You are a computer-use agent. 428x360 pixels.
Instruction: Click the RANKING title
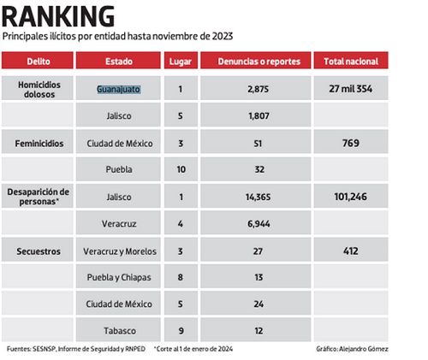pyautogui.click(x=58, y=16)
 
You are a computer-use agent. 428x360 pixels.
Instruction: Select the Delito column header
pyautogui.click(x=39, y=62)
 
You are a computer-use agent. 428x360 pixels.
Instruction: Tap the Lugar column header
pyautogui.click(x=181, y=62)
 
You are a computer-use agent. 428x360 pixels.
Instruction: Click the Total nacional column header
pyautogui.click(x=351, y=62)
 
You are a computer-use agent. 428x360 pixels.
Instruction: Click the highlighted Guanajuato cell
pyautogui.click(x=118, y=89)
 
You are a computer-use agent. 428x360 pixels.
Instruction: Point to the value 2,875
pyautogui.click(x=259, y=89)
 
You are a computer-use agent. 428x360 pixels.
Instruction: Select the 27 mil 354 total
pyautogui.click(x=351, y=89)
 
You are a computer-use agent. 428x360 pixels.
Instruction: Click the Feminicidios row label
pyautogui.click(x=39, y=144)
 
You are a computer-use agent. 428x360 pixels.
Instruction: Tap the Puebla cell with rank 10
pyautogui.click(x=119, y=169)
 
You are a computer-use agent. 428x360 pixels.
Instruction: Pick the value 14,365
pyautogui.click(x=259, y=197)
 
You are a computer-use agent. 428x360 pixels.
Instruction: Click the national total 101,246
pyautogui.click(x=351, y=197)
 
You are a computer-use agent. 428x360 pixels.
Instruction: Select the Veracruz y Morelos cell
pyautogui.click(x=120, y=251)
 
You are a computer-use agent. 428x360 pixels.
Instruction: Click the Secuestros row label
pyautogui.click(x=39, y=251)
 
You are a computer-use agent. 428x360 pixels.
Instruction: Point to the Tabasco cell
pyautogui.click(x=120, y=331)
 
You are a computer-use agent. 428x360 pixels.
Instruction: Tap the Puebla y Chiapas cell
pyautogui.click(x=119, y=277)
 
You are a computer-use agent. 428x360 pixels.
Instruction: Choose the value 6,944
pyautogui.click(x=259, y=224)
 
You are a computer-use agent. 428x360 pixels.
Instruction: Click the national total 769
pyautogui.click(x=351, y=143)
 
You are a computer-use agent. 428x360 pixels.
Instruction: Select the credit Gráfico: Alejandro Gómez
pyautogui.click(x=352, y=349)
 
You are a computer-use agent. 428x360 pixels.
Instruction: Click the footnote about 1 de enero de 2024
pyautogui.click(x=193, y=349)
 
